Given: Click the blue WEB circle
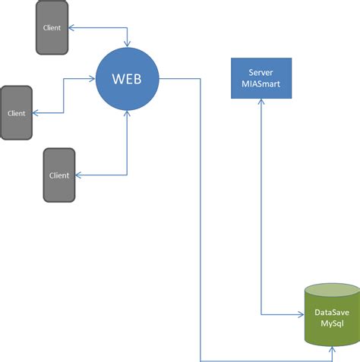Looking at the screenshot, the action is (127, 79).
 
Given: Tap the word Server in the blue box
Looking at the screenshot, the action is (261, 73).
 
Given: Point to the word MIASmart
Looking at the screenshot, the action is (261, 83).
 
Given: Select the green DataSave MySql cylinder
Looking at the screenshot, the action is (332, 315).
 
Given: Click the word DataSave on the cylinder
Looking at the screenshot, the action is (332, 312).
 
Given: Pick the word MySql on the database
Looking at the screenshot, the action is (332, 323).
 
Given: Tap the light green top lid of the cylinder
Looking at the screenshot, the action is (332, 290).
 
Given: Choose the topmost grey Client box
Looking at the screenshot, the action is (52, 27).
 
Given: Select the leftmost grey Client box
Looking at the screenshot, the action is (16, 112).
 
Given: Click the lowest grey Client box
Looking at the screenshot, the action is (59, 175).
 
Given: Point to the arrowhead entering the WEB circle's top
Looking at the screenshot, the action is (127, 44).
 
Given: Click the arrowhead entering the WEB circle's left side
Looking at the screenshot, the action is (92, 79).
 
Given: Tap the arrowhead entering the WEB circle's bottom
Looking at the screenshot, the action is (127, 114).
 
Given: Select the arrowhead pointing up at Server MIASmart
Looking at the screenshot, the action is (261, 102).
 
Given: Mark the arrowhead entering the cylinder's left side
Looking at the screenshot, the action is (301, 315).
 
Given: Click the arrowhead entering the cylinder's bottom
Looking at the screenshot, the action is (332, 350).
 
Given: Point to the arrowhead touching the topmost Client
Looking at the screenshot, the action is (71, 27).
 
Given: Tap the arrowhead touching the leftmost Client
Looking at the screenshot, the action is (36, 113).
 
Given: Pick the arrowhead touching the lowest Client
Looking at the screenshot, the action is (79, 175).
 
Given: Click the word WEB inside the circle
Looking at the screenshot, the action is (127, 79).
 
